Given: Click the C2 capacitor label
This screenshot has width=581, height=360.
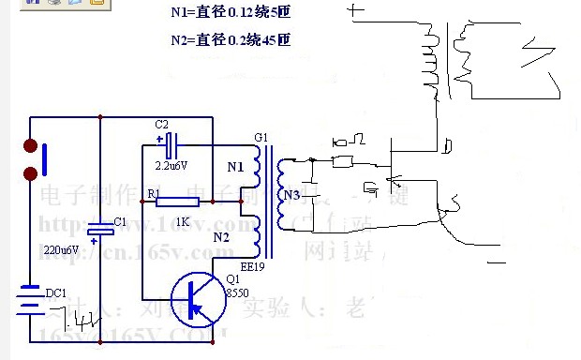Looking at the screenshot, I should pyautogui.click(x=161, y=125).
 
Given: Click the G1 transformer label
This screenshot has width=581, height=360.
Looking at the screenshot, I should pyautogui.click(x=261, y=138).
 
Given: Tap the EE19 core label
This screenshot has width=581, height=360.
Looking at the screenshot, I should pyautogui.click(x=254, y=266).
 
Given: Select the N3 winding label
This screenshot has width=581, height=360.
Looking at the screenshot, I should pyautogui.click(x=291, y=195).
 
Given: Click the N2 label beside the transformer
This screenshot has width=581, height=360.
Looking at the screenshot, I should pyautogui.click(x=220, y=238).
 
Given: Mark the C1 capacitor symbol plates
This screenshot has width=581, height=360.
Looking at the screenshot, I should pyautogui.click(x=99, y=232).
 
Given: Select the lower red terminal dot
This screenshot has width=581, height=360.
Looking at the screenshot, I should pyautogui.click(x=31, y=172).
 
